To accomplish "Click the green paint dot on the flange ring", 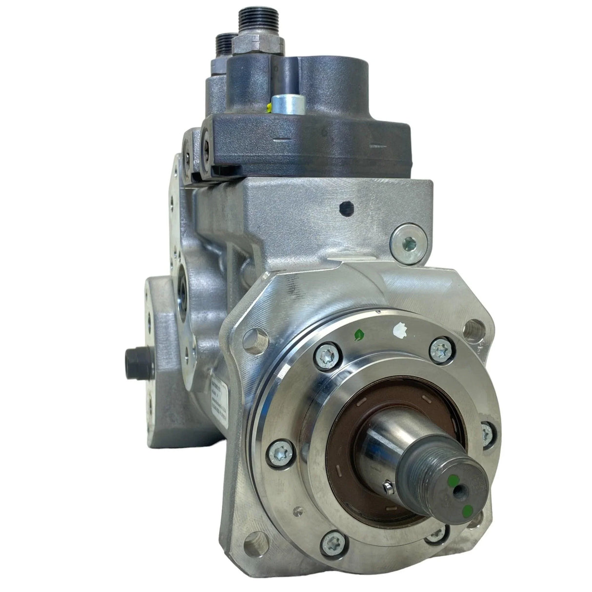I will click(360, 334).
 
